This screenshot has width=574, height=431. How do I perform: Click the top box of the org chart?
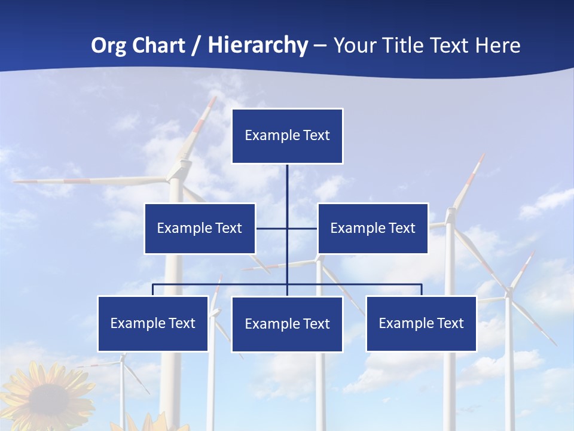287,136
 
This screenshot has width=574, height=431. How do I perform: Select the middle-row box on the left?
199,228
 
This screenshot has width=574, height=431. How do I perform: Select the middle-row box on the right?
373,228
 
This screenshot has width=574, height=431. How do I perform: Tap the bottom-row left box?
152,323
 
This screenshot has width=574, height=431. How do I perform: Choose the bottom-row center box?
287,324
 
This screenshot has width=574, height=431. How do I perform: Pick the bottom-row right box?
421,323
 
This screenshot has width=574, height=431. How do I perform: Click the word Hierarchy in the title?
258,45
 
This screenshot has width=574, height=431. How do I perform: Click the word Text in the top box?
316,135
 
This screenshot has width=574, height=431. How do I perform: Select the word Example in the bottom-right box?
405,323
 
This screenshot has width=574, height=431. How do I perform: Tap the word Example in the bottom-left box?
137,323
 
